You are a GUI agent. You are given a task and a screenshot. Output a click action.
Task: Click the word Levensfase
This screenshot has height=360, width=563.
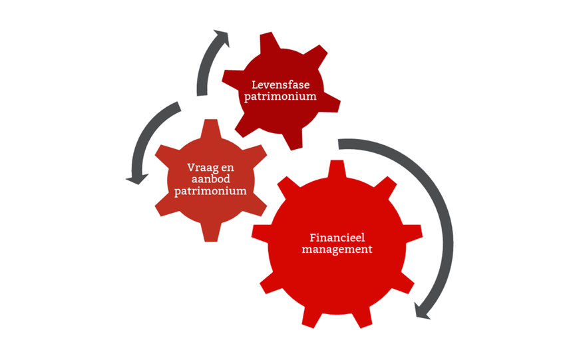280,85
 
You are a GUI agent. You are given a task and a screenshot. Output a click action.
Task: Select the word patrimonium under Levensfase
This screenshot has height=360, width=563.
280,96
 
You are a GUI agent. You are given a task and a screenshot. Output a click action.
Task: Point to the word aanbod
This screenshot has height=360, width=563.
211,179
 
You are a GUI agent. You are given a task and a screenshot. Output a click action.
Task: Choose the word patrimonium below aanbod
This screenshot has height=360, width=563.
211,191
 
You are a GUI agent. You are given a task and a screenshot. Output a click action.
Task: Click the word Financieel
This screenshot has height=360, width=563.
337,238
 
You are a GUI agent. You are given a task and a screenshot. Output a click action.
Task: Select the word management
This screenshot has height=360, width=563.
337,250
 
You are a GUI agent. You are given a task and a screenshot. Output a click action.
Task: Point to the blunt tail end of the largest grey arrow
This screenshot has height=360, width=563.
339,144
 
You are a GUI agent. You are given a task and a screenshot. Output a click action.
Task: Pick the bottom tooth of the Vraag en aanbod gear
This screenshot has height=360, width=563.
211,233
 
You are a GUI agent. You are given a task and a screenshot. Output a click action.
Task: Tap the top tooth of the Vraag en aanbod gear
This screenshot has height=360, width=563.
211,128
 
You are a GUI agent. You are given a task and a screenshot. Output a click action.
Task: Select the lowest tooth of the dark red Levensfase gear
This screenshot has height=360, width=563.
293,140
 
